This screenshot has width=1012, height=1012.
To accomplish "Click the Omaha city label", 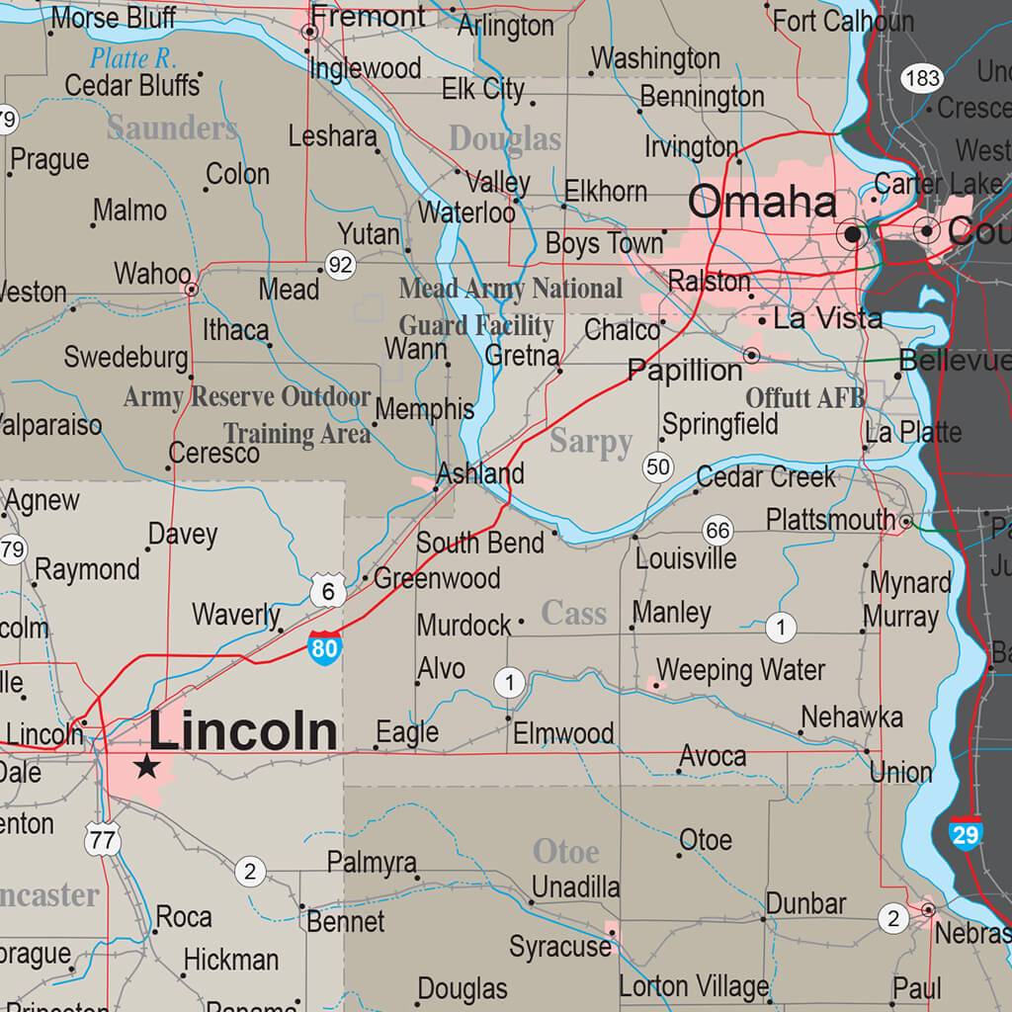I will coord(762,204).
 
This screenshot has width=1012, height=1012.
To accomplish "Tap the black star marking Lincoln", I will coord(146,764).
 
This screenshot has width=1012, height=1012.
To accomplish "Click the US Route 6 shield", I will coord(327,592).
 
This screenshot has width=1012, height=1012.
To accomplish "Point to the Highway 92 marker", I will coord(340,265).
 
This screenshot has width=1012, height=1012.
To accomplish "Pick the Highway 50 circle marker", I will coord(657,466).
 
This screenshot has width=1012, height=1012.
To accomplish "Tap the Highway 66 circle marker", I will coord(717,532).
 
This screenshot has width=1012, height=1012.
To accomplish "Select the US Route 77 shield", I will coord(103,841).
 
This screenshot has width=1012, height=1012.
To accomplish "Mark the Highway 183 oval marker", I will coord(922,78).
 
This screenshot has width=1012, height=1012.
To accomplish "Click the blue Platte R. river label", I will coord(132,59).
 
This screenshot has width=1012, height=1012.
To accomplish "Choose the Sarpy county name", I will coord(591,442).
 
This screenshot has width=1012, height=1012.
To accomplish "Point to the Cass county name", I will coord(573,614).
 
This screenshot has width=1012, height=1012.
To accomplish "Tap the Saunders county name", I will coord(172,127).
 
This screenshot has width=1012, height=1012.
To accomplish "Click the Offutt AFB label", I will coord(804,397).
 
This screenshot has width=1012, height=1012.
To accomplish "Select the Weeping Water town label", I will coord(740,670).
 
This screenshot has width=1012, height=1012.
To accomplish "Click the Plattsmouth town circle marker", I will coord(905,520).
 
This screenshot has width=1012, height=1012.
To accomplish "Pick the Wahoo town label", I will coord(152,273).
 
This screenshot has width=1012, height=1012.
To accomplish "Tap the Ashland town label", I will coord(480,473).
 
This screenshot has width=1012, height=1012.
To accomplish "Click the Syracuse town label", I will coord(560,947).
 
